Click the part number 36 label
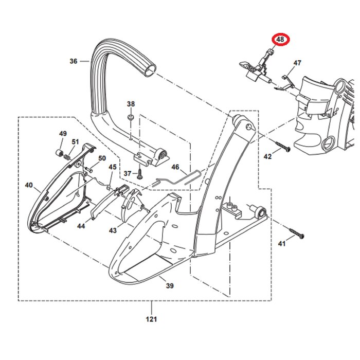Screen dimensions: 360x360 pyautogui.click(x=73, y=61)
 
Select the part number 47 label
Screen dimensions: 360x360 pyautogui.click(x=297, y=63)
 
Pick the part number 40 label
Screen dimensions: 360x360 pyautogui.click(x=29, y=185)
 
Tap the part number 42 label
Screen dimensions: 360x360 pyautogui.click(x=267, y=156)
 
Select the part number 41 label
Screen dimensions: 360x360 pyautogui.click(x=281, y=244)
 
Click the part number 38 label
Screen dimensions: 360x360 pyautogui.click(x=131, y=104)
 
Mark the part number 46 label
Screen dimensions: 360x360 pyautogui.click(x=175, y=167)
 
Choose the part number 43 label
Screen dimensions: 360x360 pyautogui.click(x=113, y=231)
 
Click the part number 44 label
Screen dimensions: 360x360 pyautogui.click(x=81, y=226)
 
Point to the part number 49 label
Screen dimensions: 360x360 pyautogui.click(x=63, y=134)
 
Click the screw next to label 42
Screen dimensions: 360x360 pyautogui.click(x=283, y=147)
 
